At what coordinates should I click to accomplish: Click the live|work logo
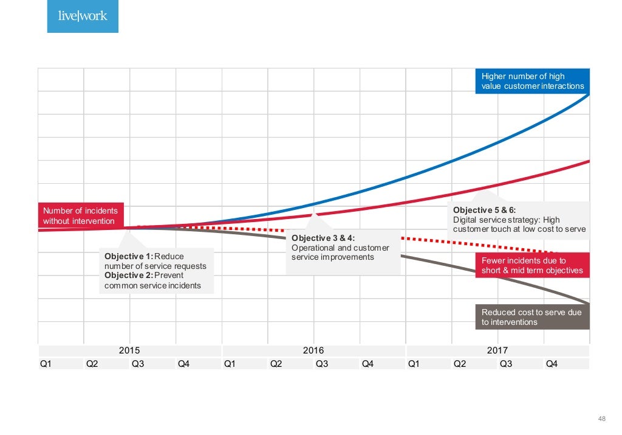tap(83, 16)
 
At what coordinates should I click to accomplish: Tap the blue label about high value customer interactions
tap(532, 81)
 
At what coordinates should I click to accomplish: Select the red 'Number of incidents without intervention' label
tap(81, 216)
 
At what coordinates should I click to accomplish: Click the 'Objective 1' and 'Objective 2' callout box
tap(157, 271)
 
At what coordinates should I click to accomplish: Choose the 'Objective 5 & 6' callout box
tap(519, 219)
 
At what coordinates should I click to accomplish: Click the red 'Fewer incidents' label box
tap(532, 265)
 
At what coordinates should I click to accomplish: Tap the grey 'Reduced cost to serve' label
tap(532, 317)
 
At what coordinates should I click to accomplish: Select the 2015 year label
tap(129, 350)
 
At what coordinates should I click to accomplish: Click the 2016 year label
tap(313, 350)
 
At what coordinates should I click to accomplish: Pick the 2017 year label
tap(497, 350)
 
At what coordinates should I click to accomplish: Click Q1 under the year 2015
tap(46, 364)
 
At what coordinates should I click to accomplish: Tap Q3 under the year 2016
tap(322, 364)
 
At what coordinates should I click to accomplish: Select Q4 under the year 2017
tap(552, 364)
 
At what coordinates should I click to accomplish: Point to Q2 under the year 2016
tap(276, 364)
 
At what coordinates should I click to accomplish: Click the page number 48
tap(602, 418)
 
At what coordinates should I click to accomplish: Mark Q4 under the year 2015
tap(184, 364)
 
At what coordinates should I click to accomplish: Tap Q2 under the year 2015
tap(92, 364)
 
